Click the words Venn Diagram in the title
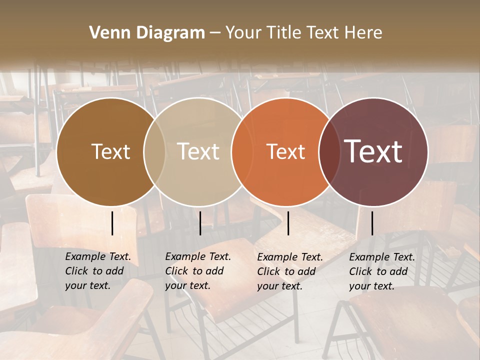147,33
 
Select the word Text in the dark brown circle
110,151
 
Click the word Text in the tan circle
198,151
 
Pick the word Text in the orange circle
285,151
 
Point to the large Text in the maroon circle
373,151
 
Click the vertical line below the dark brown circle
112,223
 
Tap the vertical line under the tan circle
200,223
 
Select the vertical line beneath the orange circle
288,223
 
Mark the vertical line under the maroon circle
372,223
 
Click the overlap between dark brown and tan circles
154,151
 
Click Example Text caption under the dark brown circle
98,257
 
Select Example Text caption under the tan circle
198,257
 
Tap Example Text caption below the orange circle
290,257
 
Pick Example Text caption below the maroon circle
382,257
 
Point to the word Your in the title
243,33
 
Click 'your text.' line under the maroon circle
371,286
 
